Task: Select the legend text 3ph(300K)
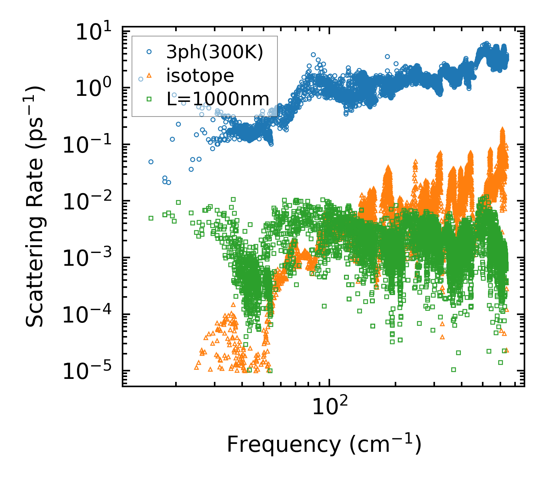tap(215, 53)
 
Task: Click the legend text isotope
tap(200, 76)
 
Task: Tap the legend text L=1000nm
tap(218, 99)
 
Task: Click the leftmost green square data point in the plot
tap(151, 218)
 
